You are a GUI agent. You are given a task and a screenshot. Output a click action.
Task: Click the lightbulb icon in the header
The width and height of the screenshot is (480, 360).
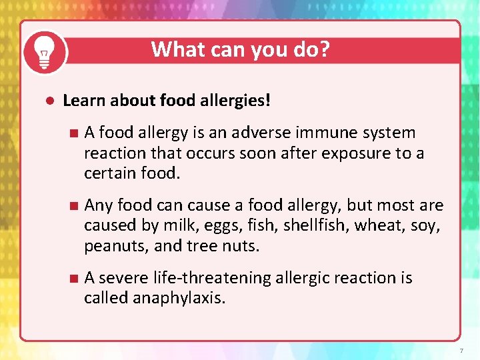point(45,53)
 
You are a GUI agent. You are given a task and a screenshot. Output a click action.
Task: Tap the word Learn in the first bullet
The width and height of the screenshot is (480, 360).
point(85,101)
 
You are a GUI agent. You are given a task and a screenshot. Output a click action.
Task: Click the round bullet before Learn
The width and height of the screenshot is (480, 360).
point(49,101)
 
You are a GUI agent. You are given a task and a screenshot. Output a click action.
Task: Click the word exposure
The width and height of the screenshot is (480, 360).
point(355,153)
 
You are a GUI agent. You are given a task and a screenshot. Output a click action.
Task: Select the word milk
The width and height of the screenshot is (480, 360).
point(179,226)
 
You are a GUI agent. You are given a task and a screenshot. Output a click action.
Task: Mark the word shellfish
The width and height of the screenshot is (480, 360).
point(315,226)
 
